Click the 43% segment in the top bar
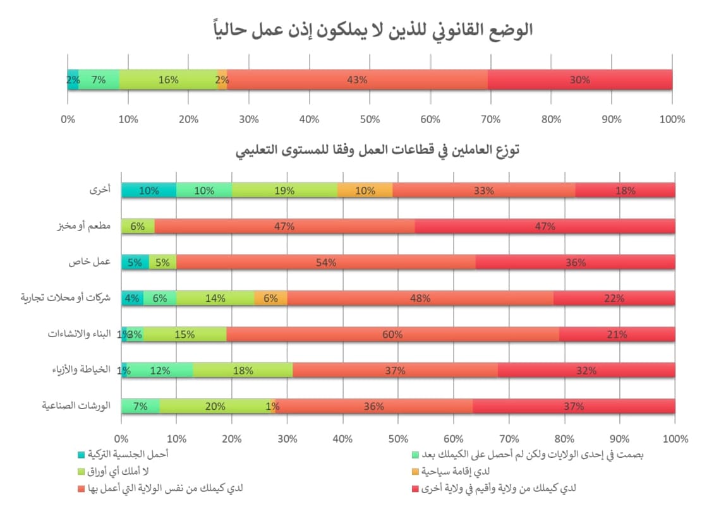click(x=357, y=80)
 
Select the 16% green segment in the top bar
click(x=169, y=80)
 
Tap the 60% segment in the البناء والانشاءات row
click(x=392, y=334)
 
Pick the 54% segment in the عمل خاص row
click(x=326, y=262)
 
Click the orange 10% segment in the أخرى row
click(x=365, y=190)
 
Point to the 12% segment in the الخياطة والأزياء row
click(x=160, y=371)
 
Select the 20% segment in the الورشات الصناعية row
click(x=215, y=407)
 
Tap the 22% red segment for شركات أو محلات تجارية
click(x=615, y=298)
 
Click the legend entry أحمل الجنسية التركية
click(x=127, y=453)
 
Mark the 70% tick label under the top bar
click(x=491, y=119)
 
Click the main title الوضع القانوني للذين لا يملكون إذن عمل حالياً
click(x=372, y=30)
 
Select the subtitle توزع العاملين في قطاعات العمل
click(x=377, y=151)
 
